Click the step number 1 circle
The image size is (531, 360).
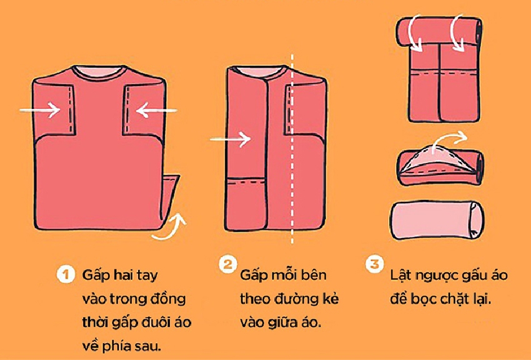coord(63,274)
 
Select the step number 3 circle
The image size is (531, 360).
coord(374,264)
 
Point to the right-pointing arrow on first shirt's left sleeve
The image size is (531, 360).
coord(39,111)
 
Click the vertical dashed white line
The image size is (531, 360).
coord(292,156)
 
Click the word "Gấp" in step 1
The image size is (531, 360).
coord(93,275)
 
